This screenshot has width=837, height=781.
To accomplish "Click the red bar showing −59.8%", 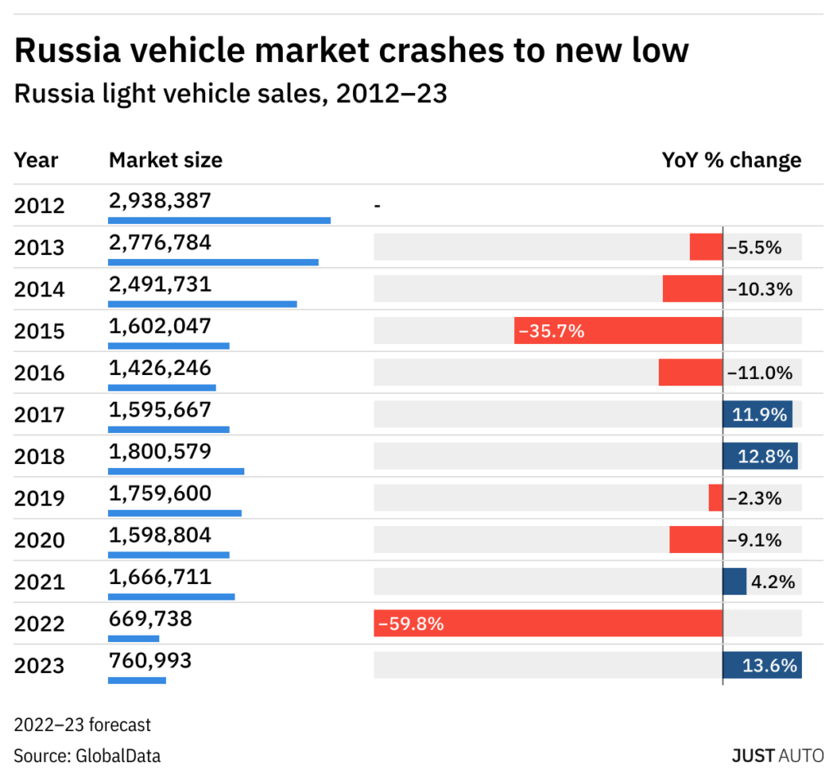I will pos(548,624).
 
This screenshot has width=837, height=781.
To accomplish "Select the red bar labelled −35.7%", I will pos(618,331).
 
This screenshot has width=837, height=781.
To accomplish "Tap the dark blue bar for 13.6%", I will pos(762,665).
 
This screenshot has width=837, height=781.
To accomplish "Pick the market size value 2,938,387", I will pos(160,200).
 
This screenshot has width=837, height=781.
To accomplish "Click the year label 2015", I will pos(39,331).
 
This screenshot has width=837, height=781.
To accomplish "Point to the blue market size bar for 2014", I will pos(203,304).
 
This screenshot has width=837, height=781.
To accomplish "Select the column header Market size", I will pos(165,159).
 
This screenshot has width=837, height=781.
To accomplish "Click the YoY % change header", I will pos(731,159).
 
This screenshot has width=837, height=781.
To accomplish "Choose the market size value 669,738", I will pos(150,619).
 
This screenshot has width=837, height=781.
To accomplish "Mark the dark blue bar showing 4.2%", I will pos(734,582).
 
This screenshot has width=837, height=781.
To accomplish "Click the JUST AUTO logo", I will pos(777,755).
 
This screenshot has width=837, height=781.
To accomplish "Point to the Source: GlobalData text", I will pos(87,756).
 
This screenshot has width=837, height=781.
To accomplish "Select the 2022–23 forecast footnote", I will pos(83,725).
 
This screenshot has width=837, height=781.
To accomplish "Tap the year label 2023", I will pos(39,666).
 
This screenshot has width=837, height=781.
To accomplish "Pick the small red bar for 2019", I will pos(715,498).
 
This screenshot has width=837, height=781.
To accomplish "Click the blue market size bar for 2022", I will pos(134,638).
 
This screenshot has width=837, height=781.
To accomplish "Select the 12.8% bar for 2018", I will pos(760,456).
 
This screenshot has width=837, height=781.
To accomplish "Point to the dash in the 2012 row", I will pos(377,206).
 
